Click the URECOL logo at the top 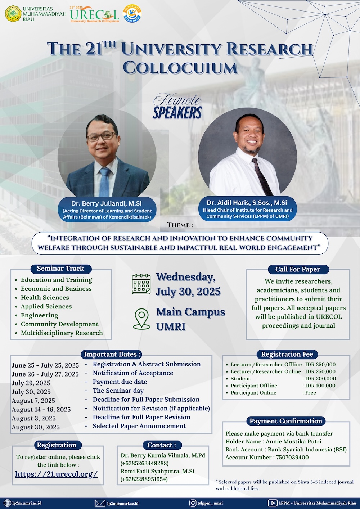click(95, 14)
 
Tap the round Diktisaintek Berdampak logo click(132, 13)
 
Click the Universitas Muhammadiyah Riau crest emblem click(13, 14)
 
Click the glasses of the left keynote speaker click(102, 136)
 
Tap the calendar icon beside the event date click(141, 284)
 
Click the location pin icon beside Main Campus click(141, 319)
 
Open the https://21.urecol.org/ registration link click(57, 474)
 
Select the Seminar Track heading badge click(61, 269)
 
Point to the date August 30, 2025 click(36, 427)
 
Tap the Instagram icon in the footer click(193, 503)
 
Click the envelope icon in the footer click(100, 503)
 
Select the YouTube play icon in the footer click(272, 503)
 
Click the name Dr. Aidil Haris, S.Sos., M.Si click(247, 202)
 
